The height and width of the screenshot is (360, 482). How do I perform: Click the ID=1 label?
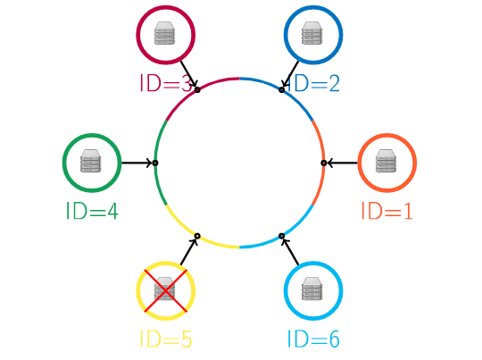pyautogui.click(x=386, y=211)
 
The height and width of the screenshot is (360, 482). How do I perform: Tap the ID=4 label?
pyautogui.click(x=92, y=211)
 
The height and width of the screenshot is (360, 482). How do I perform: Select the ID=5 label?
pyautogui.click(x=166, y=339)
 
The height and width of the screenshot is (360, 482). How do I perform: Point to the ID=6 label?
pyautogui.click(x=313, y=339)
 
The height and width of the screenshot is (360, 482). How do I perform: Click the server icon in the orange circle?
pyautogui.click(x=386, y=161)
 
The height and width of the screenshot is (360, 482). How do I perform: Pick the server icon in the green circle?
pyautogui.click(x=91, y=161)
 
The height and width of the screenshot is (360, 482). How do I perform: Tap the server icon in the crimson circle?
pyautogui.click(x=164, y=33)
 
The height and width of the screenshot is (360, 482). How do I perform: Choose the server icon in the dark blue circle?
pyautogui.click(x=312, y=33)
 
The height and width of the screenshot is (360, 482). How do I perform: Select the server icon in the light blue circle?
pyautogui.click(x=312, y=289)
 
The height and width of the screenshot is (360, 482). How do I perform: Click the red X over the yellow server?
pyautogui.click(x=166, y=291)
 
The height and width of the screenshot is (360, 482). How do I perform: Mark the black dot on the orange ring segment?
pyautogui.click(x=324, y=163)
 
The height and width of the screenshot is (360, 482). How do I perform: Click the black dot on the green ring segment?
pyautogui.click(x=155, y=163)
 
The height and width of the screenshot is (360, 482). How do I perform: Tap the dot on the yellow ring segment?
pyautogui.click(x=197, y=236)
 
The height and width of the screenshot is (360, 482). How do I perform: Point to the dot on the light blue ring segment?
pyautogui.click(x=281, y=236)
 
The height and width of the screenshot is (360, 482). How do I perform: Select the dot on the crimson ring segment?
pyautogui.click(x=197, y=90)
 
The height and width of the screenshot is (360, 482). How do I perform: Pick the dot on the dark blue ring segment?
pyautogui.click(x=281, y=90)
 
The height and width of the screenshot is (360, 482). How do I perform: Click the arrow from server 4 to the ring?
pyautogui.click(x=137, y=163)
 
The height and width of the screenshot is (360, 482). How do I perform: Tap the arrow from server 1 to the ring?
pyautogui.click(x=342, y=163)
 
